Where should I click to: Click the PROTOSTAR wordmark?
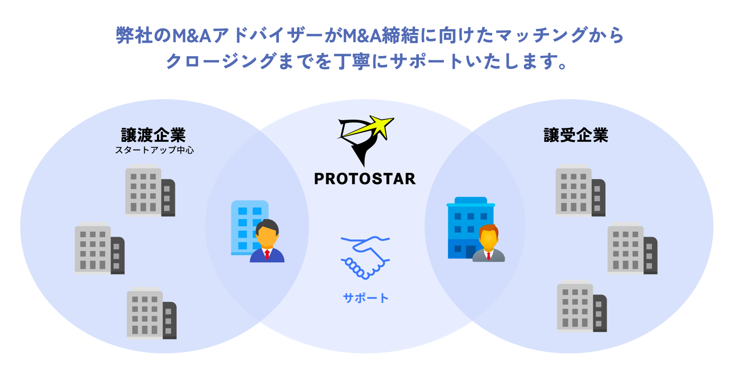[x=365, y=179]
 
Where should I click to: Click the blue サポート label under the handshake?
[x=365, y=298]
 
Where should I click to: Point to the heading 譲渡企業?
[x=154, y=135]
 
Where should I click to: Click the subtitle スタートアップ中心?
[x=154, y=150]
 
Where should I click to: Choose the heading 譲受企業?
[x=576, y=135]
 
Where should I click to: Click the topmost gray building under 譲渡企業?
[x=150, y=191]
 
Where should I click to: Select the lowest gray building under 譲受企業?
[x=581, y=307]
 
